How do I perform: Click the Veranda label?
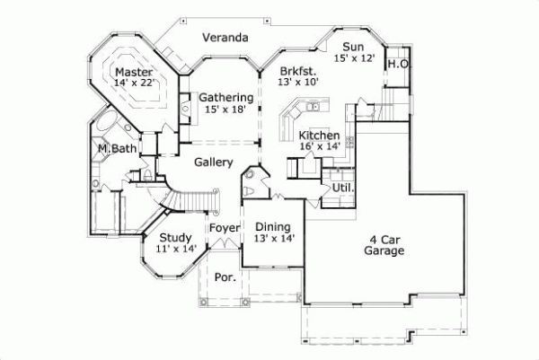click(225, 38)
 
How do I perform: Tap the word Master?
click(133, 71)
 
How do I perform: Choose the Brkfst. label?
click(297, 69)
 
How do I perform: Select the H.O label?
click(398, 64)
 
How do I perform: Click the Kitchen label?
click(319, 135)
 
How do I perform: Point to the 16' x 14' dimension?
click(320, 146)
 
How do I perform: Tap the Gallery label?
click(214, 162)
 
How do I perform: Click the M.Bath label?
click(117, 148)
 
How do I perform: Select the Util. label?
click(343, 188)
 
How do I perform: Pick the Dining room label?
click(271, 227)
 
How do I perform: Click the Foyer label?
click(225, 228)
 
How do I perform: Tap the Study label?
click(175, 238)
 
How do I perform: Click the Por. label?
click(225, 277)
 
